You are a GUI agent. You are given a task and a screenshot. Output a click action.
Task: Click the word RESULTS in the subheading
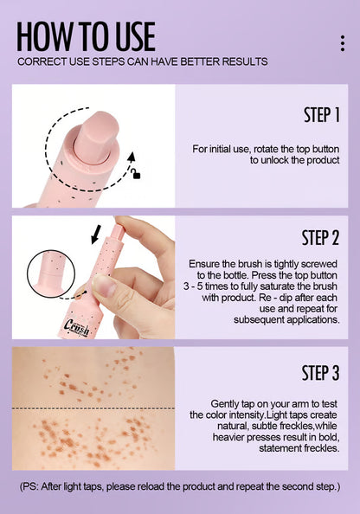click(243, 61)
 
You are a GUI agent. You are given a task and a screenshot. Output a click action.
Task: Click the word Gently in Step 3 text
click(227, 403)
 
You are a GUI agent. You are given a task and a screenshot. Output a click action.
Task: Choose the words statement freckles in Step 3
click(294, 448)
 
